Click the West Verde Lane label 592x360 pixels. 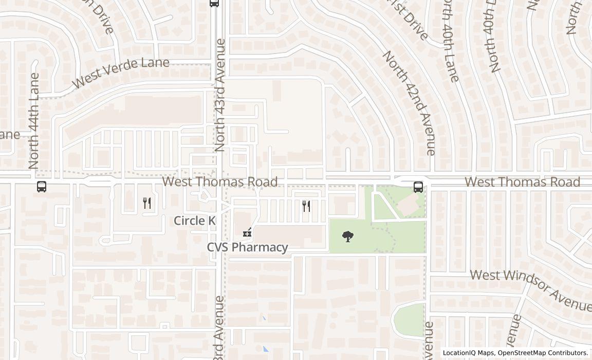[120, 73]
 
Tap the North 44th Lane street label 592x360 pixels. [34, 121]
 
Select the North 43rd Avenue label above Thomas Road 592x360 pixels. [220, 95]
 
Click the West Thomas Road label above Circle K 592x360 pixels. [220, 182]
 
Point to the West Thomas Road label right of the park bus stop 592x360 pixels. [522, 182]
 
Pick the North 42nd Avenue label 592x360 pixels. [409, 103]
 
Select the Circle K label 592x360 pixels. [195, 221]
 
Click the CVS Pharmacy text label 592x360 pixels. [247, 247]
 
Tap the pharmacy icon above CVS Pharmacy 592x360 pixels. [247, 232]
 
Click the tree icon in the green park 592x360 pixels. [348, 237]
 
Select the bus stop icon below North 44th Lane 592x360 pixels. [42, 186]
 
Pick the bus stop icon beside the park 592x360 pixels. [418, 186]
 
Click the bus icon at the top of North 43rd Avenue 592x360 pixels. [214, 3]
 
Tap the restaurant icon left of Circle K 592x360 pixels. [147, 203]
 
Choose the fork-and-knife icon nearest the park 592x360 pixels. [306, 206]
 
